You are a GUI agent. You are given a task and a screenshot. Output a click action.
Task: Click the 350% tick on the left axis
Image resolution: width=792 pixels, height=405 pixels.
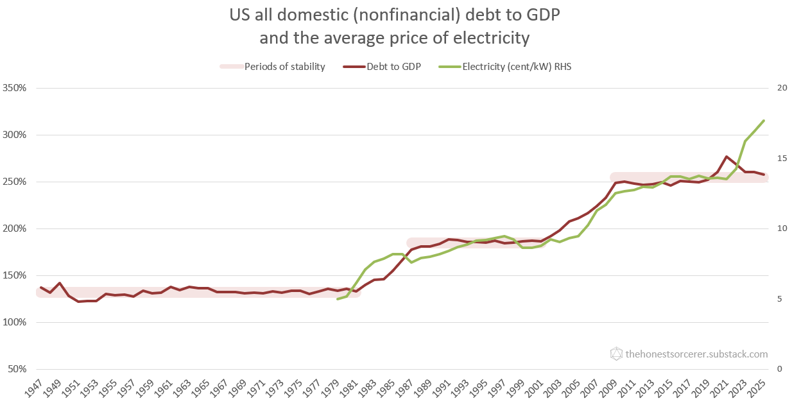15,88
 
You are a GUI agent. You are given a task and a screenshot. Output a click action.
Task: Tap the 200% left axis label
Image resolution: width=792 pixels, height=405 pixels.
15,228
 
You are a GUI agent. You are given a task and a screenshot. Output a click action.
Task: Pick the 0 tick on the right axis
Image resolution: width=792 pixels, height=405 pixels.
779,369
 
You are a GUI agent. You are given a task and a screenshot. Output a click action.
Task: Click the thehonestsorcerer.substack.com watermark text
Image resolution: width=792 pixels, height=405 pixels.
696,354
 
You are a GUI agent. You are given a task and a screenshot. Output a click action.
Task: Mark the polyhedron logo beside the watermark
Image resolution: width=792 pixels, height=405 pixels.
616,354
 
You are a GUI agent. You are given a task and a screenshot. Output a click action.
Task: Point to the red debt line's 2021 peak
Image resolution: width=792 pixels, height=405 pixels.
726,157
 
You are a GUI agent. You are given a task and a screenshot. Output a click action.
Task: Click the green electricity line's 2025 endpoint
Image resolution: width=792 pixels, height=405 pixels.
764,121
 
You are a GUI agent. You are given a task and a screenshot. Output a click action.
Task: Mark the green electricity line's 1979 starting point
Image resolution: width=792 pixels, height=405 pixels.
338,299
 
